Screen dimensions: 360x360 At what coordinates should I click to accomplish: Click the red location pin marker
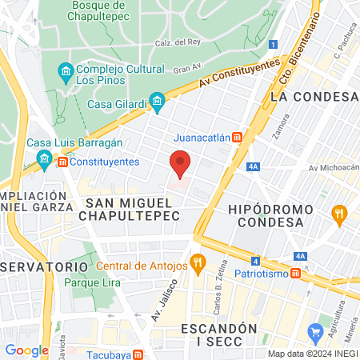click(x=181, y=164)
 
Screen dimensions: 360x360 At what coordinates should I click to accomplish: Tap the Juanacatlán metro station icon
click(x=237, y=137)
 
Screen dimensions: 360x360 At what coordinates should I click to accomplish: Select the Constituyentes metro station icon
click(x=62, y=162)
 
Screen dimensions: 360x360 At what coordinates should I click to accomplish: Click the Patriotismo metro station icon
click(x=295, y=274)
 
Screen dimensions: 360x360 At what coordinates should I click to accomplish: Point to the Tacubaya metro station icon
click(x=138, y=354)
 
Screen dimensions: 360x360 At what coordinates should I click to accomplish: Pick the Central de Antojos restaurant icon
click(x=198, y=262)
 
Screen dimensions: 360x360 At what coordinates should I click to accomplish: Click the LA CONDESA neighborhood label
click(x=313, y=96)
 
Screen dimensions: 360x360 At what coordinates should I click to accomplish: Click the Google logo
click(x=27, y=350)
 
